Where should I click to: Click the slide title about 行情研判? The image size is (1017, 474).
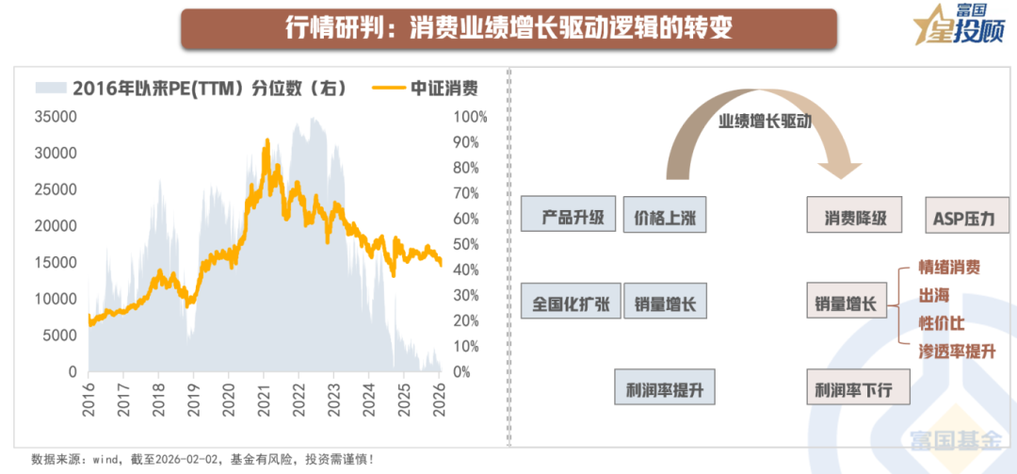(508, 28)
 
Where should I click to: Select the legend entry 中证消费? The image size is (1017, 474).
(426, 89)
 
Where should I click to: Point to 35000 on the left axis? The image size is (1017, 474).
(55, 117)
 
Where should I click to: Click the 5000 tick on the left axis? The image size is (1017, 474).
(58, 335)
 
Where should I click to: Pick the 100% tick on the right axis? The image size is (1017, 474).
(470, 117)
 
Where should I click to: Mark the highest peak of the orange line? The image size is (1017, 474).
(266, 141)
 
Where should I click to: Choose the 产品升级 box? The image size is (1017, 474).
(568, 216)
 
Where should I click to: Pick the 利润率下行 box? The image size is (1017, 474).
(859, 388)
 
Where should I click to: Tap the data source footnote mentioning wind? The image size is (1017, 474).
(202, 459)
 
